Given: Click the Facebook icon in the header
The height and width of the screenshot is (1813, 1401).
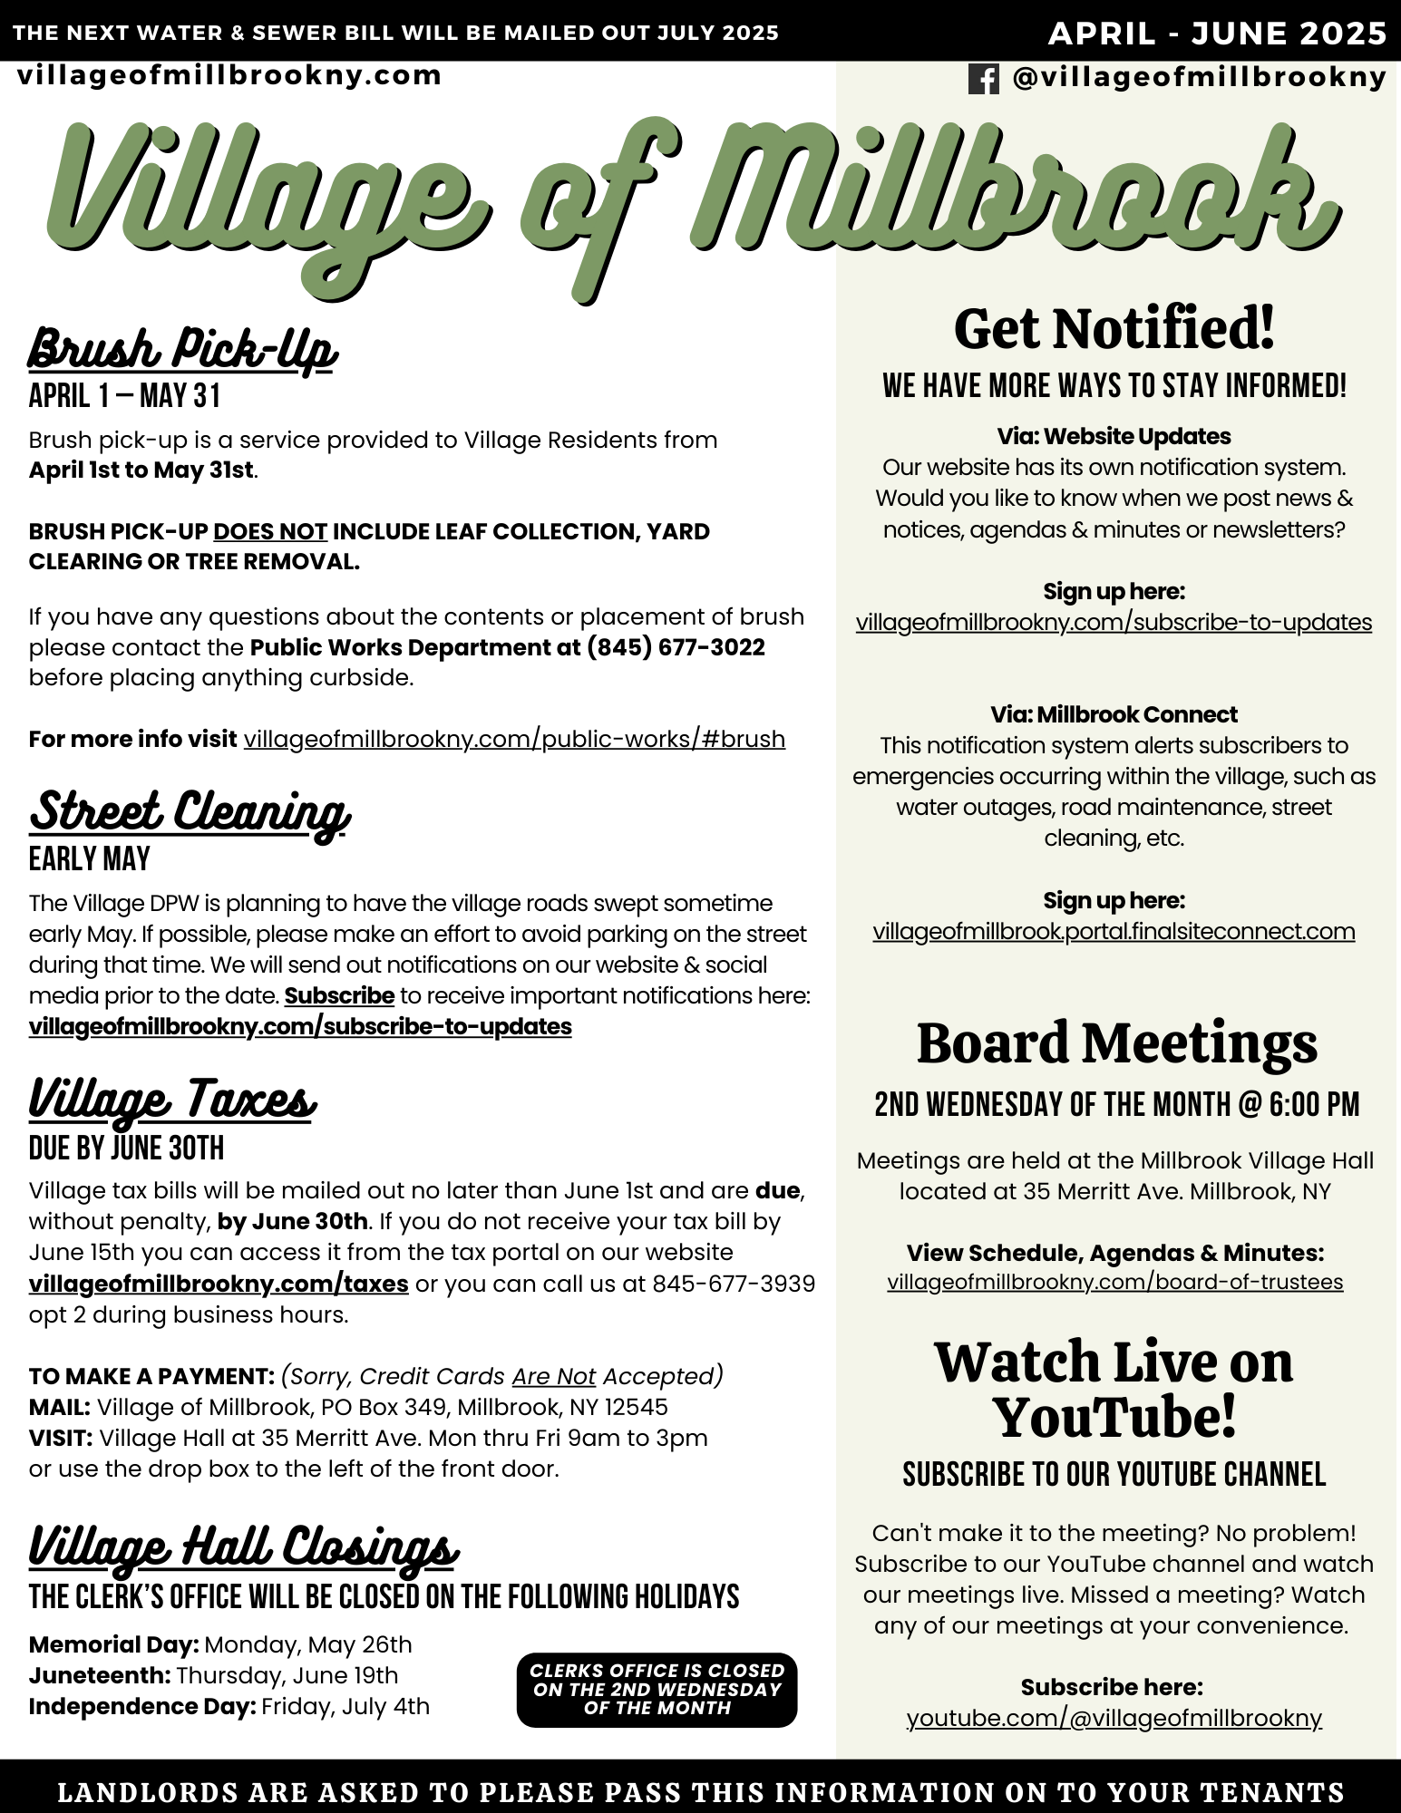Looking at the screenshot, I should (983, 79).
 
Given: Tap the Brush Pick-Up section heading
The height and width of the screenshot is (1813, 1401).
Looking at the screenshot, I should (182, 348).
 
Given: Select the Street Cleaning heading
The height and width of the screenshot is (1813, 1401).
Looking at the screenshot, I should (189, 810).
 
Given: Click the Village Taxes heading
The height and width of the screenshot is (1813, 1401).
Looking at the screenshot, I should (172, 1100).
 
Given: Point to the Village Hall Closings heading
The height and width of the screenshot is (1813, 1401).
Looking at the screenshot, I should (243, 1547).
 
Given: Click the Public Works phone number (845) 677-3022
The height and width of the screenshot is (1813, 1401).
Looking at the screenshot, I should (676, 647).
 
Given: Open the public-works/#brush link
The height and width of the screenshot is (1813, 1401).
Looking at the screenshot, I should (514, 739).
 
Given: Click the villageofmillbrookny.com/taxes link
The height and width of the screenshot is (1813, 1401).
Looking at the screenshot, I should (219, 1284).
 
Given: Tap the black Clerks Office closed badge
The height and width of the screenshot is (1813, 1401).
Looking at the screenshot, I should (657, 1690).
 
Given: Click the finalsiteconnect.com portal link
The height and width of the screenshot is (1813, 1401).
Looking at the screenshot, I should (1114, 931).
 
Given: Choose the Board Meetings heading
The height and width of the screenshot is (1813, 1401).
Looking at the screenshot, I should (1116, 1042).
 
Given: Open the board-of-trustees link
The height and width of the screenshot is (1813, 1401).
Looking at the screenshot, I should (1114, 1282).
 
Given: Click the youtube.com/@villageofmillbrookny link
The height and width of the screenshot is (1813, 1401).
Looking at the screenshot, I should (1114, 1717).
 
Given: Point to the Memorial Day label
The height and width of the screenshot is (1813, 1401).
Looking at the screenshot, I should (113, 1644).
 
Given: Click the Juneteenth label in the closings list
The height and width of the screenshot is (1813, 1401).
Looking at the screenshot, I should (100, 1675).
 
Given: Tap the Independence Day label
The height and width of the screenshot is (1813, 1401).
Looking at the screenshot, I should (141, 1706).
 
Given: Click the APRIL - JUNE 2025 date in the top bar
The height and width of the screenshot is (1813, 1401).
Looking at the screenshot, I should (1217, 34).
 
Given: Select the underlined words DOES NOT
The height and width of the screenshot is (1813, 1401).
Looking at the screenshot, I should (270, 531).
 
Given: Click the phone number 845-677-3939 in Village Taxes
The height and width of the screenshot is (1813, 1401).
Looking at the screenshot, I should (733, 1284).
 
